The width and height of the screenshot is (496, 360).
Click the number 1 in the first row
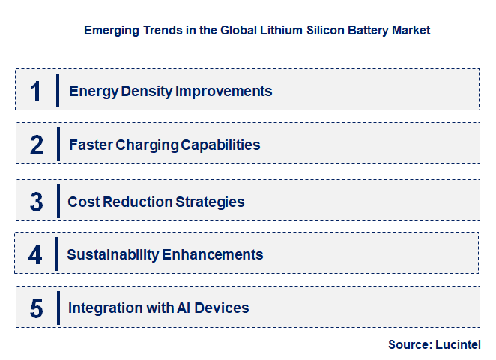[x=35, y=91]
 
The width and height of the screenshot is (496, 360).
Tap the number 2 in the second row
[x=37, y=145]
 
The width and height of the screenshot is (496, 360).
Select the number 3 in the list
[x=37, y=202]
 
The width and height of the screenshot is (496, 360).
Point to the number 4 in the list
[x=36, y=254]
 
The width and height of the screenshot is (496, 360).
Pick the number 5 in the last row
[x=37, y=308]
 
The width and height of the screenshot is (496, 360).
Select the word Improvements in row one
[x=223, y=91]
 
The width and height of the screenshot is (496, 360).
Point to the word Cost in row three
[x=82, y=202]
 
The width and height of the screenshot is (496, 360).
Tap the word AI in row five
[x=184, y=307]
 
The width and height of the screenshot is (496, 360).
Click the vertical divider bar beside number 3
[x=58, y=200]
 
